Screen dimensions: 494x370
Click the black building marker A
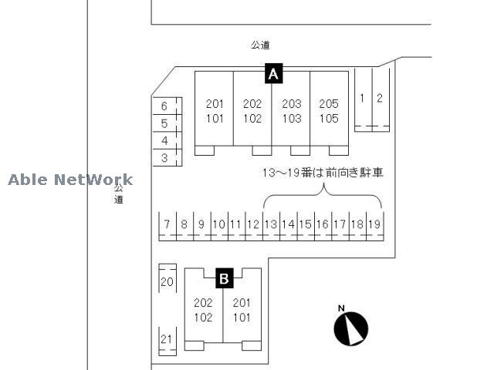pos(273,73)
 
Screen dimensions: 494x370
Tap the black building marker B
pos(225,278)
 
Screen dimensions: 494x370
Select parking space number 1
pos(364,99)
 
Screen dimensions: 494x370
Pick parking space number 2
pos(381,99)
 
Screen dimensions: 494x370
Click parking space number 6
pos(167,106)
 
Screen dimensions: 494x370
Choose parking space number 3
pos(167,157)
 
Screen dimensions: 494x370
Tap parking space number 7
pos(167,226)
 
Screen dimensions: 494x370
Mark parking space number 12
pos(254,226)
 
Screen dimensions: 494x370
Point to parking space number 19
pos(375,226)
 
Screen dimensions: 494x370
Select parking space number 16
pos(323,226)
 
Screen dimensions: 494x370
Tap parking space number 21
pos(167,341)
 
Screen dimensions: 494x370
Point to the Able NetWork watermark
pos(70,180)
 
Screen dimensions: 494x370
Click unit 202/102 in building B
pos(204,310)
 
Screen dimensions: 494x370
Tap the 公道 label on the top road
pos(260,45)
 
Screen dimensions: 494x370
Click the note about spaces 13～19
pos(323,173)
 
